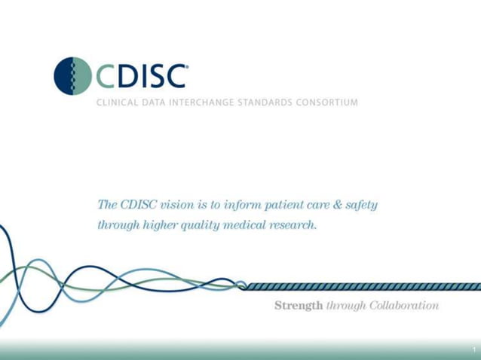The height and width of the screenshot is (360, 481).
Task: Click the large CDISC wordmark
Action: [x=141, y=75]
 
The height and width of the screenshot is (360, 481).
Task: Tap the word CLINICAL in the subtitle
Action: [x=115, y=102]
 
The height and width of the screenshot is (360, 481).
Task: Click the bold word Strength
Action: [x=299, y=306]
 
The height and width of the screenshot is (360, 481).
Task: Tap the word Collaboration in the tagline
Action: [x=403, y=306]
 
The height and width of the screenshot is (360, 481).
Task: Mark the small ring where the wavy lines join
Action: [x=241, y=286]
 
